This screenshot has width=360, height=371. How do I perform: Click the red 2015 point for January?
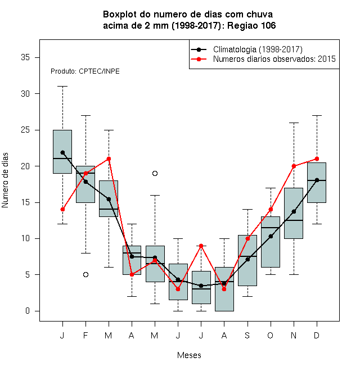[x=62, y=210]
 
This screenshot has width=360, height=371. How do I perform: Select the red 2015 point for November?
[x=294, y=166]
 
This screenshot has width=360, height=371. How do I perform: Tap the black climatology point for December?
[x=317, y=180]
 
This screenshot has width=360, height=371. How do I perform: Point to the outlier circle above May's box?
[x=155, y=174]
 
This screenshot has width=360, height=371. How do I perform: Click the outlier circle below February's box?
[x=85, y=274]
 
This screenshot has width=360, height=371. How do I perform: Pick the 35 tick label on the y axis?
[x=25, y=57]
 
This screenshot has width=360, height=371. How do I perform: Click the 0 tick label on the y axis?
[x=28, y=311]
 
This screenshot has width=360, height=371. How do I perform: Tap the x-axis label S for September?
[x=247, y=335]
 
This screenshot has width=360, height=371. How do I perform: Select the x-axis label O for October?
[x=270, y=335]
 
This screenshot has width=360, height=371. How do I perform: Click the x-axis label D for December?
[x=317, y=335]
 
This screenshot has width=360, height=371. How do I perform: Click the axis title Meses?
[x=189, y=355]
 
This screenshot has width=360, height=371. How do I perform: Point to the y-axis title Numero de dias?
[x=5, y=180]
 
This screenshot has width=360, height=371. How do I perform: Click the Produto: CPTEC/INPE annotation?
[x=85, y=71]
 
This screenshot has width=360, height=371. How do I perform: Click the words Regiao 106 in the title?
[x=251, y=25]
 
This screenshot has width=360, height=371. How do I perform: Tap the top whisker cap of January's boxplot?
[x=62, y=87]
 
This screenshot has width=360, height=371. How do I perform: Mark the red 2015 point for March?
[x=109, y=159]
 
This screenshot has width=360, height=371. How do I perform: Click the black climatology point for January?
[x=62, y=152]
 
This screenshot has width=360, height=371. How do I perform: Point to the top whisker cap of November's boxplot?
[x=294, y=123]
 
